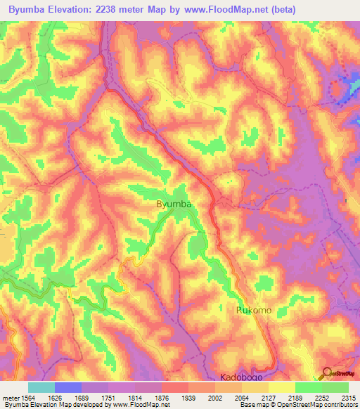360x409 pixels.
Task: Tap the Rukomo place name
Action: tap(253, 309)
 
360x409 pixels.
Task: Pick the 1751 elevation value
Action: tap(108, 397)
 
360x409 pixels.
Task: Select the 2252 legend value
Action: tap(322, 397)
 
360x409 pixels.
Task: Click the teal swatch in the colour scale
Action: tap(41, 387)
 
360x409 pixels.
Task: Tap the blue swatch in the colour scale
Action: tap(68, 387)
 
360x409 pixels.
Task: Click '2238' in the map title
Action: tap(118, 9)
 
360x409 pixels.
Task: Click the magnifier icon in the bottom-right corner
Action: tap(326, 372)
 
